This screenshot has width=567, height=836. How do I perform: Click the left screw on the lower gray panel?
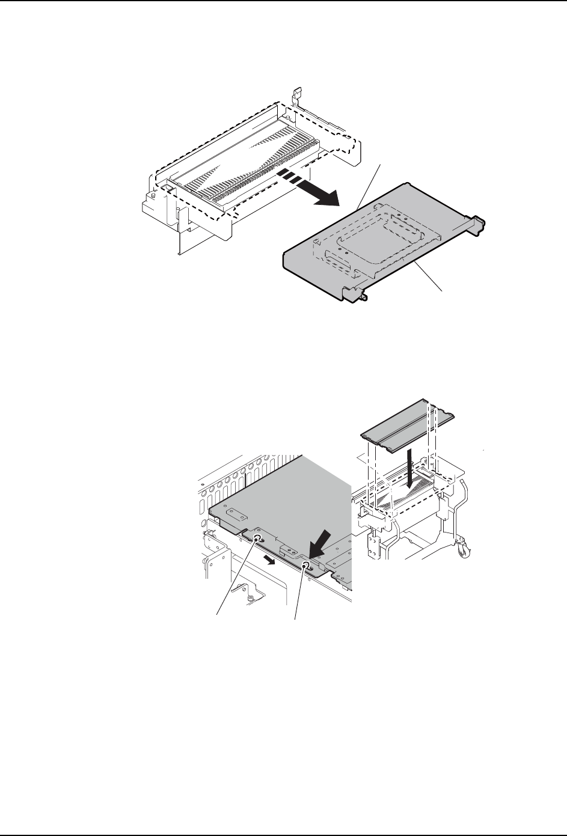tap(257, 539)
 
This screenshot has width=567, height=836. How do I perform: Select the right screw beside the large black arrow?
tap(306, 566)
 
